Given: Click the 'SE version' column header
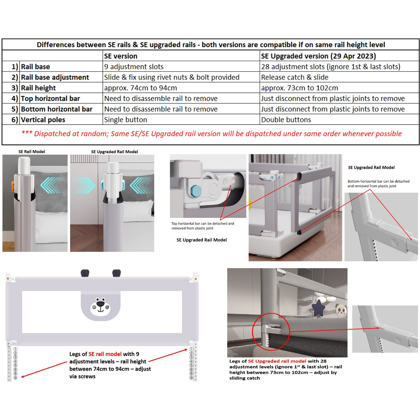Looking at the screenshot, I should (x=121, y=56).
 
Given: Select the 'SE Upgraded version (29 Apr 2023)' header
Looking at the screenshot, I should (x=318, y=56).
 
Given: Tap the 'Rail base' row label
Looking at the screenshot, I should (x=36, y=67).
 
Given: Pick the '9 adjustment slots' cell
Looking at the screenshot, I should (x=134, y=67).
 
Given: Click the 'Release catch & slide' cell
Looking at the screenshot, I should (x=294, y=78).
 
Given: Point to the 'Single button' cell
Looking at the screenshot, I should (x=126, y=120).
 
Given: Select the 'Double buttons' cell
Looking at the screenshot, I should (x=286, y=120).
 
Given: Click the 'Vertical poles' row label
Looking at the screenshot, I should (x=43, y=120).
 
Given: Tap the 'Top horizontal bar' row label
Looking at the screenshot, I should (x=50, y=98).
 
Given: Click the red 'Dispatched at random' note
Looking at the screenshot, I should (x=211, y=134).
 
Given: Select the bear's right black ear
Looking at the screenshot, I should (x=116, y=272).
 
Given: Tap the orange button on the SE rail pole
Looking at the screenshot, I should (x=14, y=186).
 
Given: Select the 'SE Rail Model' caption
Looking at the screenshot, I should (x=32, y=152).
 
